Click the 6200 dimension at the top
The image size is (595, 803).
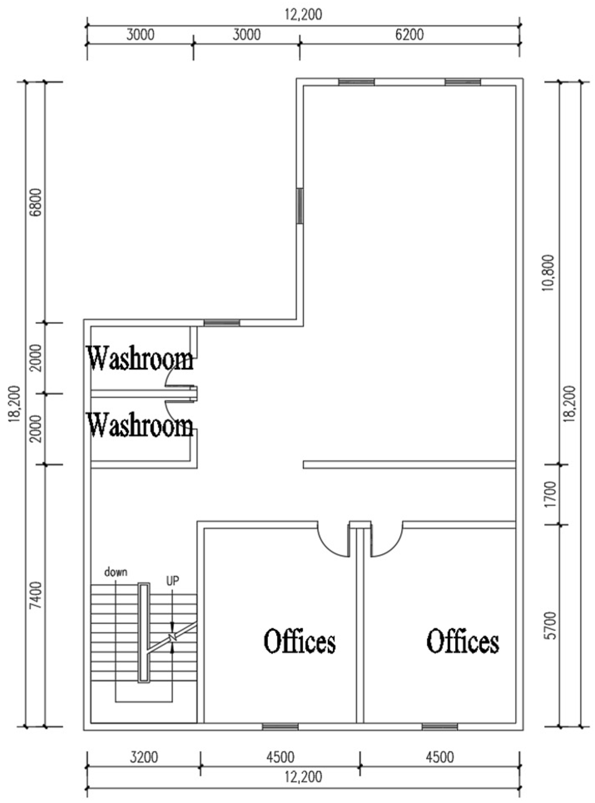click(x=409, y=35)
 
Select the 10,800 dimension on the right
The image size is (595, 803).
click(x=549, y=273)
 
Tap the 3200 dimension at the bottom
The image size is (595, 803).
click(x=144, y=757)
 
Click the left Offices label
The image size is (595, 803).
click(x=300, y=641)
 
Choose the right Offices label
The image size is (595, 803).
click(x=463, y=641)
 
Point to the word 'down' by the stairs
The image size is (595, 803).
click(x=116, y=572)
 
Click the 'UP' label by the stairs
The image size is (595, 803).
click(x=173, y=581)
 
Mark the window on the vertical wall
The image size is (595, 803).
click(x=300, y=207)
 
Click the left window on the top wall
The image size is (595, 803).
click(x=356, y=82)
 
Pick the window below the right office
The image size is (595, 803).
click(x=440, y=726)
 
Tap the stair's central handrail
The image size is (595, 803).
click(x=144, y=633)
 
